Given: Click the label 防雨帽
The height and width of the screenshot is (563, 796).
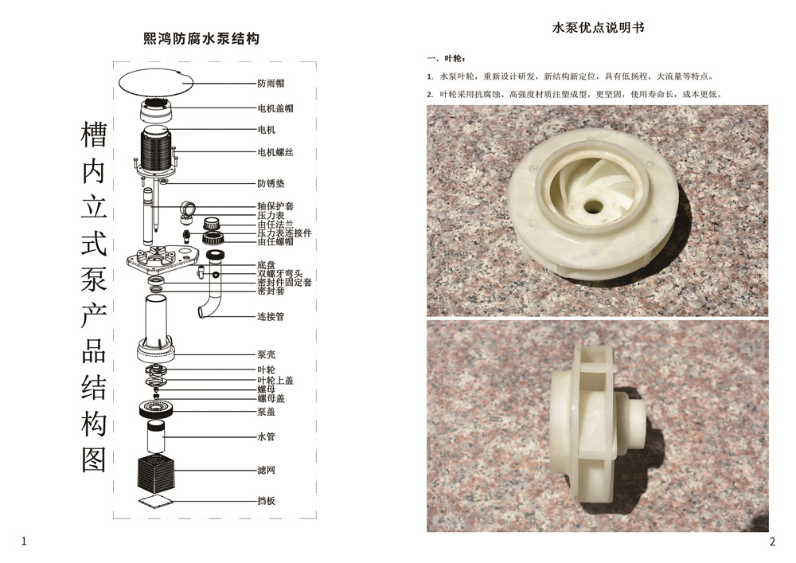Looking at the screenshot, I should tap(271, 83).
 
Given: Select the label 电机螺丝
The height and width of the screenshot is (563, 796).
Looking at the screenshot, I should tap(275, 151).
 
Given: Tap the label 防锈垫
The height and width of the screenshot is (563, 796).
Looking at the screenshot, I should tap(271, 183).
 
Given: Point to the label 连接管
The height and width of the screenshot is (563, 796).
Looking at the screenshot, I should tap(271, 317).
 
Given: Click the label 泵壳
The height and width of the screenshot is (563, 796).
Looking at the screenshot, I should tap(266, 354).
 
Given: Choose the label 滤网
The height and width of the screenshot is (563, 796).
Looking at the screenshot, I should tap(266, 471).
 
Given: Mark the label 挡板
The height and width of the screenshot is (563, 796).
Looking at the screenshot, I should tap(266, 501).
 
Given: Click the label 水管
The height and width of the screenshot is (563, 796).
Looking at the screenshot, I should tap(266, 437).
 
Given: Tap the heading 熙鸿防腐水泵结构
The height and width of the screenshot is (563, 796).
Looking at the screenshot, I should tap(201, 37).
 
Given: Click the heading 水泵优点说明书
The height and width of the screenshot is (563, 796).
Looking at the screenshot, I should tap(598, 28).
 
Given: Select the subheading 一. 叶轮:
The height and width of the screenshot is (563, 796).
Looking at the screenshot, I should tap(447, 59).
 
